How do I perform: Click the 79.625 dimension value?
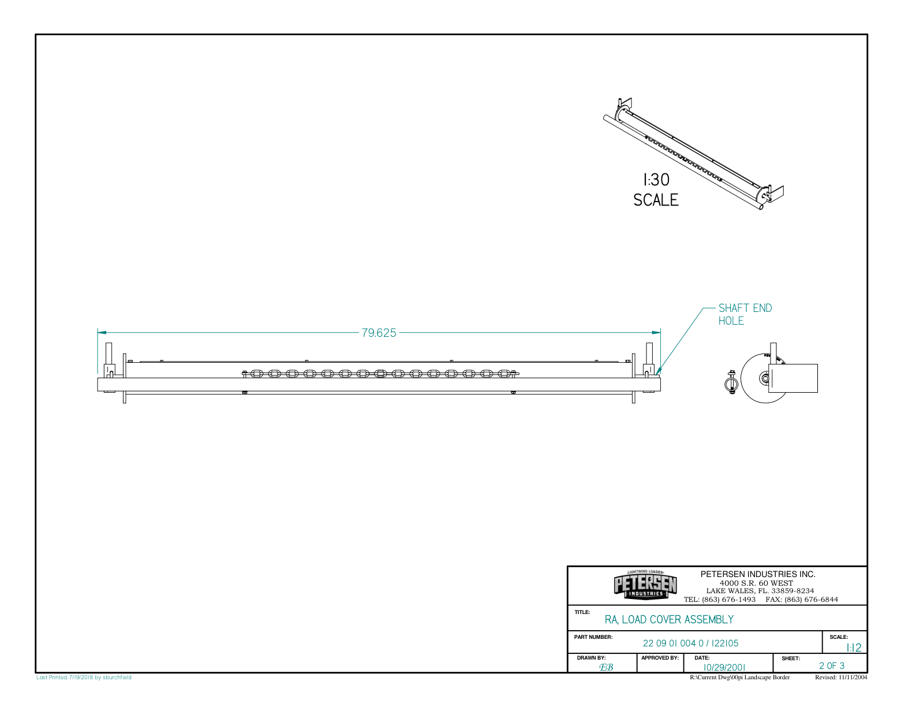tap(379, 333)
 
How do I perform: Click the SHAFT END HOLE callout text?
tap(745, 314)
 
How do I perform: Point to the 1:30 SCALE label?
tap(656, 190)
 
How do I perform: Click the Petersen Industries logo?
tap(645, 585)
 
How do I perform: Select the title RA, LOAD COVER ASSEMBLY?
tap(669, 620)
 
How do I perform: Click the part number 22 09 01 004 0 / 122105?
tap(690, 643)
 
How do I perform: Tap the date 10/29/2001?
tap(724, 667)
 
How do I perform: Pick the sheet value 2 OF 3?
tap(831, 666)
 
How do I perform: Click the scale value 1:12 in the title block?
tap(854, 648)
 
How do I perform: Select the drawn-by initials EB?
tap(606, 667)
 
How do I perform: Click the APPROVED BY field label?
tap(660, 658)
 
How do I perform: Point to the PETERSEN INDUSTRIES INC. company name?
tap(758, 574)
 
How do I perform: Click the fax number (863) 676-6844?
tap(811, 600)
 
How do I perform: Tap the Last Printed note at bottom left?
tap(84, 678)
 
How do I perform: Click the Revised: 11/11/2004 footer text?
tap(840, 678)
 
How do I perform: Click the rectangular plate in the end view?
tap(794, 378)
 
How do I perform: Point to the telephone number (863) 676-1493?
tap(728, 600)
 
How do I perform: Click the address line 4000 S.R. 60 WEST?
tap(756, 583)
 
